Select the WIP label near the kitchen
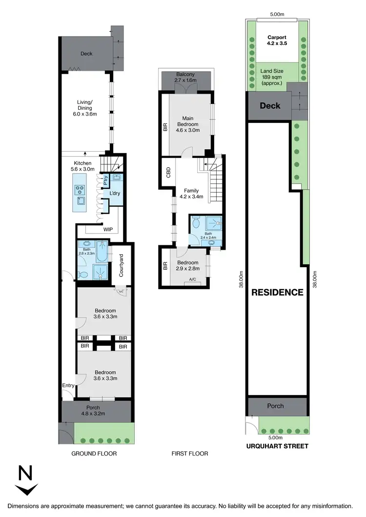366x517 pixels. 107,228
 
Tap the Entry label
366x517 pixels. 68,385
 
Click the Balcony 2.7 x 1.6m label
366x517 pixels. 185,77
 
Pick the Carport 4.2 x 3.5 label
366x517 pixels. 277,40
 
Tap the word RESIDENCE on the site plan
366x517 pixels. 277,293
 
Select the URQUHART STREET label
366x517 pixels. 278,446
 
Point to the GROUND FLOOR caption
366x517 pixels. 94,454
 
